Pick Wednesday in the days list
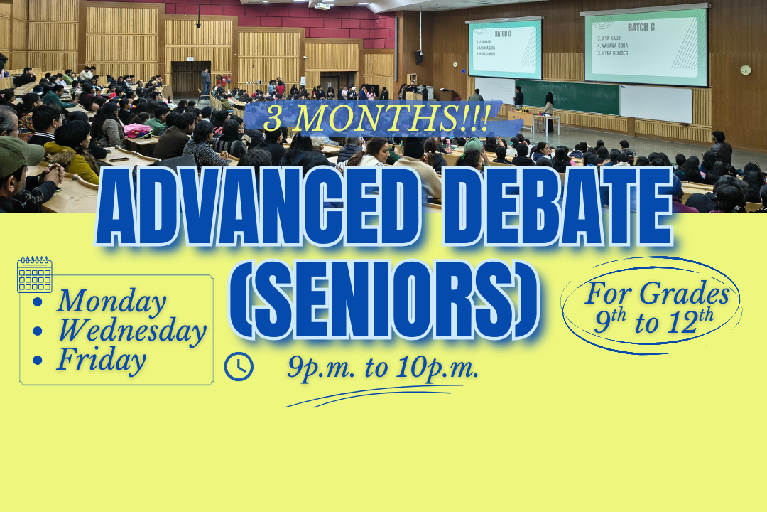(x=131, y=331)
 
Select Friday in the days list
(x=101, y=360)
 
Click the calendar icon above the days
(x=34, y=274)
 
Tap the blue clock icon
(x=239, y=366)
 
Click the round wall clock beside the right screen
(x=745, y=70)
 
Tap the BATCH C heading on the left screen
(x=504, y=33)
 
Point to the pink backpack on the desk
(x=138, y=131)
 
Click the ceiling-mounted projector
(x=322, y=6)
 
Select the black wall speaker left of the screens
(x=419, y=57)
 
